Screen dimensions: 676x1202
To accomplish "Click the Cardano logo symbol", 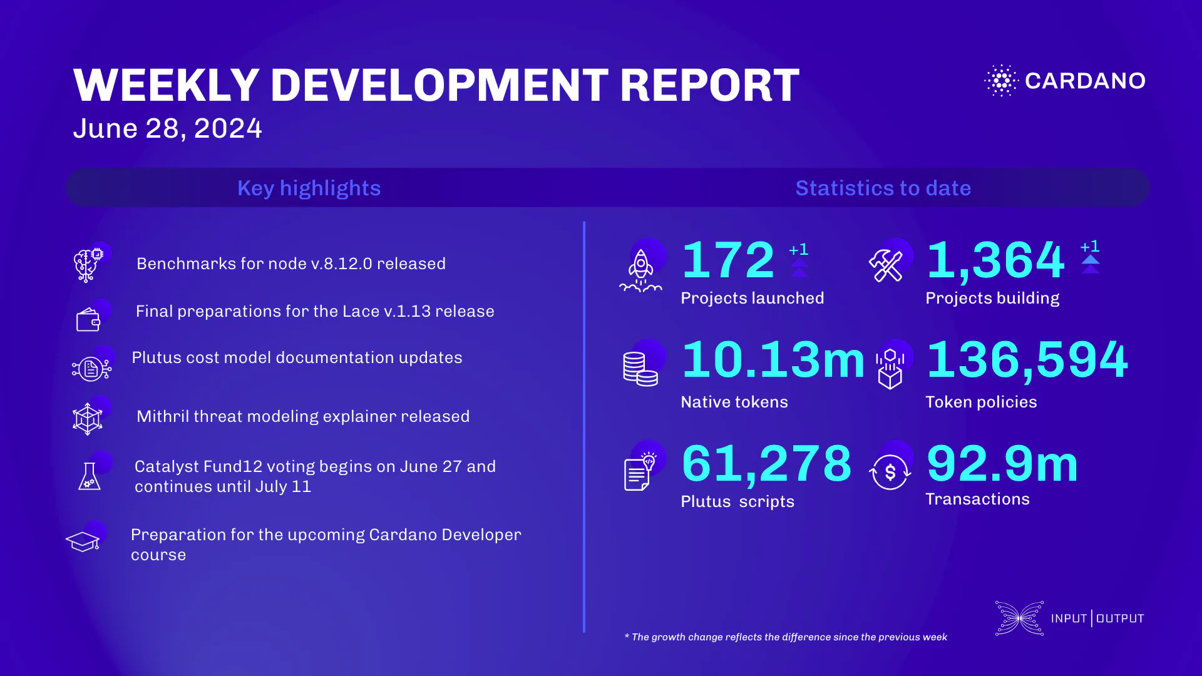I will coord(1002,81).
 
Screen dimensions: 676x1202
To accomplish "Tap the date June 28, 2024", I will coord(167,128).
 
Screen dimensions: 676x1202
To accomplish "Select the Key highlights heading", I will coord(309,188).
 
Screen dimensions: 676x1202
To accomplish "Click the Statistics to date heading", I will coord(883,188).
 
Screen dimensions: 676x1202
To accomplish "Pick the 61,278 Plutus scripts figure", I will coord(767,464).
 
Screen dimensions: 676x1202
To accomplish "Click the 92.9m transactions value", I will coord(1002,464).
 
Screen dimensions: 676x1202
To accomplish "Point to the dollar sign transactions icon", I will coord(890,472).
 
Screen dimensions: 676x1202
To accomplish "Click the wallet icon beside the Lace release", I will coord(88,320).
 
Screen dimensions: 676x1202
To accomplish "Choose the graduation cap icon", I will coord(83,541).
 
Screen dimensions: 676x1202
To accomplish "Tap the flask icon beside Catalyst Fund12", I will coord(90,477).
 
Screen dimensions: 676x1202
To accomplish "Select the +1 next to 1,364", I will coord(1090,247).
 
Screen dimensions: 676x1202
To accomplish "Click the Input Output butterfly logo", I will coord(1019,618).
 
